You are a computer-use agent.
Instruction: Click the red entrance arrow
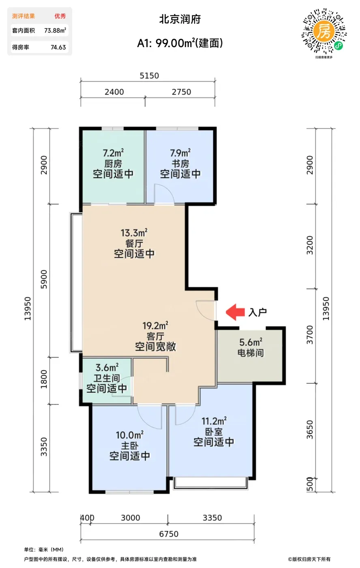[235, 312]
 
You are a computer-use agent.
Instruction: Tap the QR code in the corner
[324, 31]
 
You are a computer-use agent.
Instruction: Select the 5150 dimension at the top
[149, 75]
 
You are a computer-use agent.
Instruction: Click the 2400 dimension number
[114, 92]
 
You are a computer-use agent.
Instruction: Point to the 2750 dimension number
[181, 92]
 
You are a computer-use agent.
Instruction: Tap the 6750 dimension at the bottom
[169, 534]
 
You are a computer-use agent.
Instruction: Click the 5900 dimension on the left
[44, 279]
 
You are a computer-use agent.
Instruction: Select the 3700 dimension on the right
[310, 335]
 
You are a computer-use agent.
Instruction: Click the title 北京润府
[180, 19]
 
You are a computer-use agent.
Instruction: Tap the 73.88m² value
[55, 30]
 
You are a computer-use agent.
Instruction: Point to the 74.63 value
[58, 47]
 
